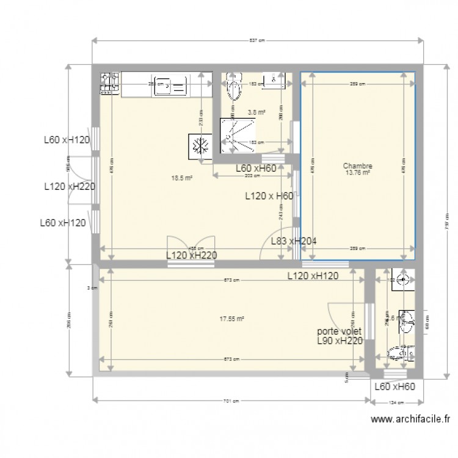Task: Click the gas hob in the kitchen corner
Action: click(x=109, y=84)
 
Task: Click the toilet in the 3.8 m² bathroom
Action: click(x=232, y=88)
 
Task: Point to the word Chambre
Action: click(x=358, y=165)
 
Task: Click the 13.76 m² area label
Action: click(x=358, y=173)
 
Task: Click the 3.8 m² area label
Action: click(x=256, y=112)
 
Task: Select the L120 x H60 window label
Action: click(x=269, y=196)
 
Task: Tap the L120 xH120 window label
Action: click(x=322, y=276)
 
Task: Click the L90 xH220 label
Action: click(x=341, y=341)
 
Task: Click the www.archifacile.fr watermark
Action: click(x=410, y=420)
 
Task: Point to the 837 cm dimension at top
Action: click(x=258, y=41)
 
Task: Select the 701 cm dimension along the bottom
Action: click(x=229, y=401)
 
